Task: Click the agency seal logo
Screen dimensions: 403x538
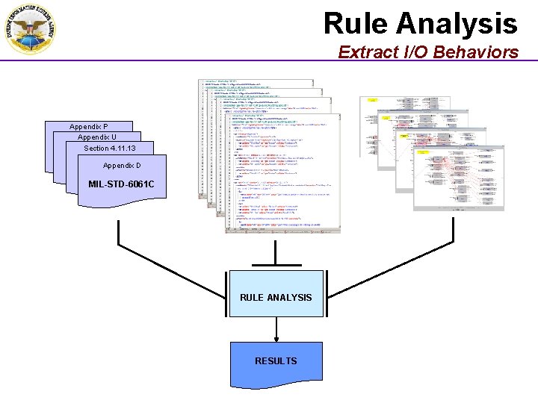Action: (28, 28)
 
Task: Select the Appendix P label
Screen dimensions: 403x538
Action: (89, 127)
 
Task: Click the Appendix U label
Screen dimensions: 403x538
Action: (97, 137)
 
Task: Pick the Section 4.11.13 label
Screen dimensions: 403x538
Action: (109, 149)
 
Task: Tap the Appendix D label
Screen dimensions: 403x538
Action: (122, 165)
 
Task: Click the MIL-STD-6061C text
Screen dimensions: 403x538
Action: (121, 184)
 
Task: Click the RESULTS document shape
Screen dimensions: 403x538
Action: (276, 361)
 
